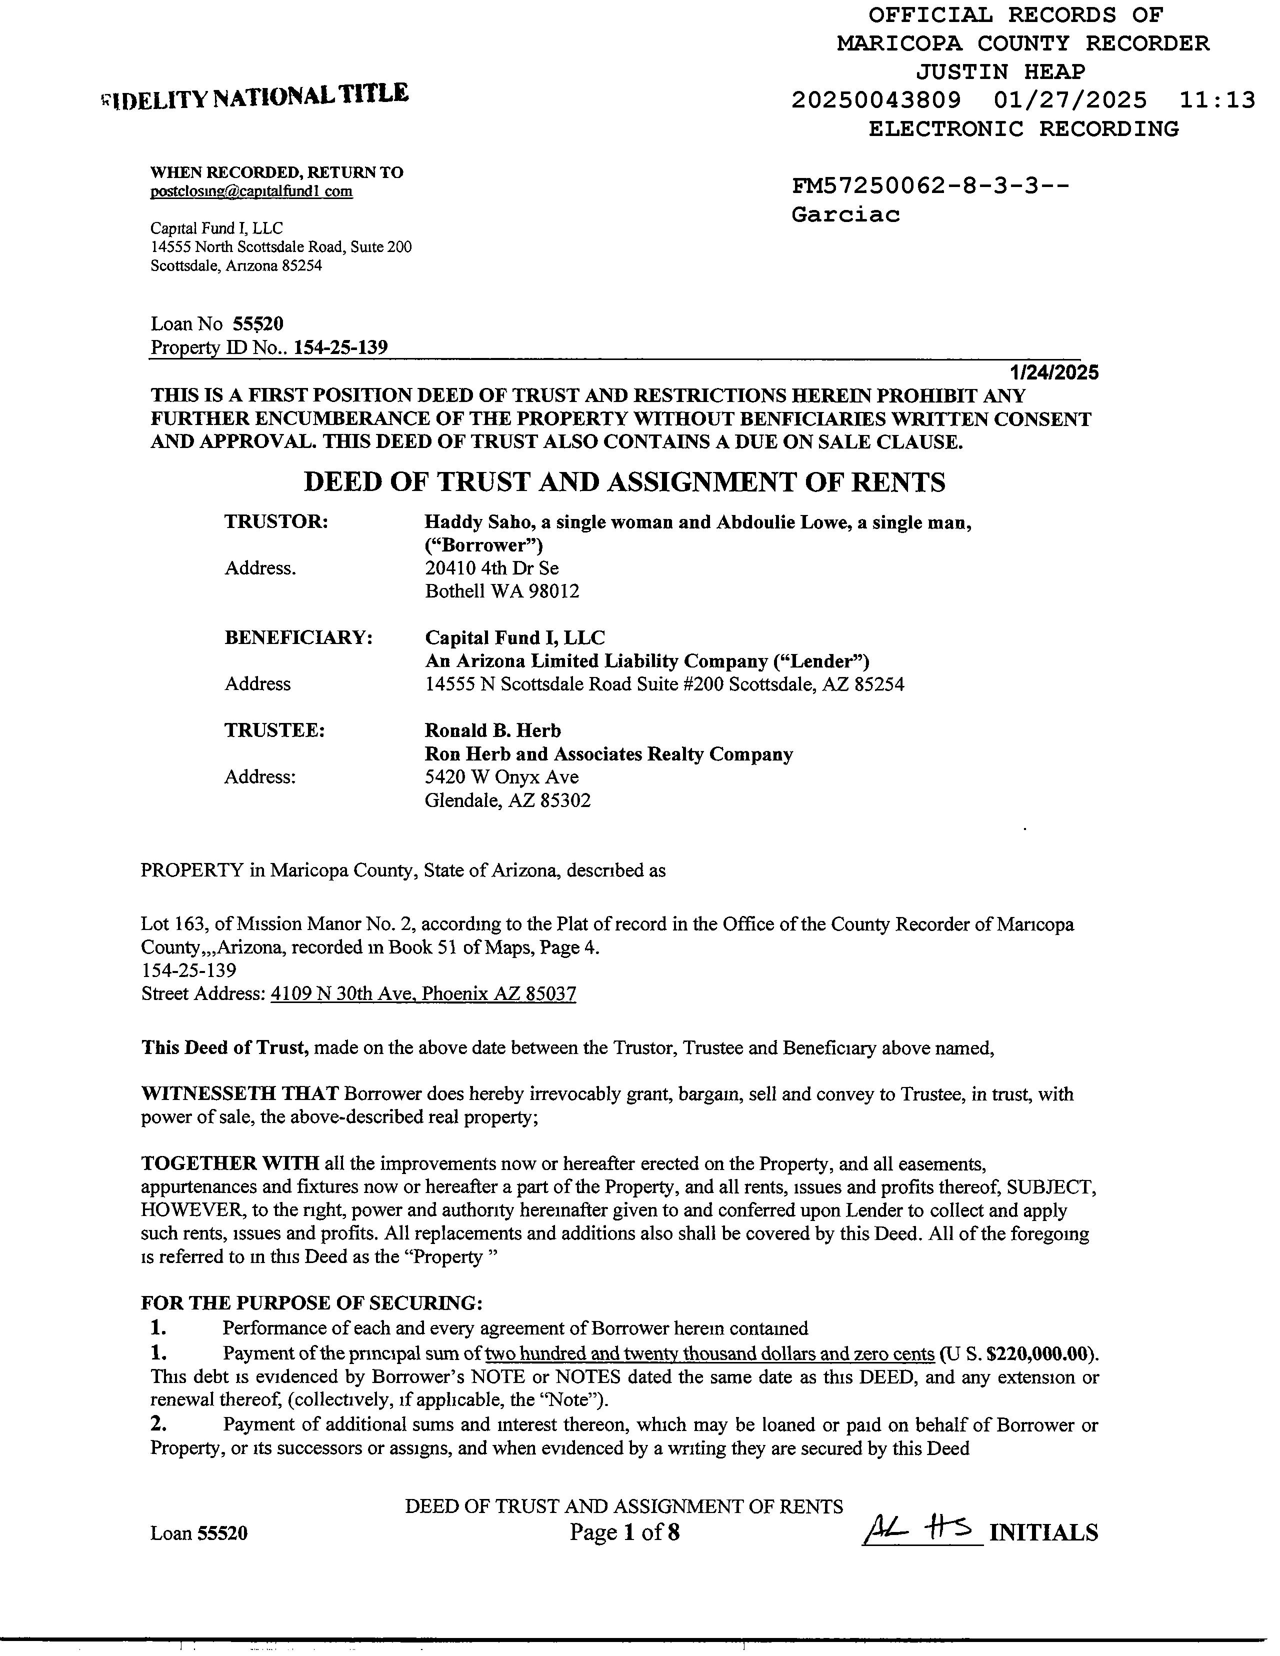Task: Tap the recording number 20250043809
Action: point(876,100)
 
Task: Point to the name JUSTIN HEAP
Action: point(1000,72)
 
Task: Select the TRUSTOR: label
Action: point(276,521)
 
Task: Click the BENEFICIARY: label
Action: point(298,637)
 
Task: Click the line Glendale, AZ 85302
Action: point(507,800)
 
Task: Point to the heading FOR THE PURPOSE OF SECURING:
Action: point(311,1303)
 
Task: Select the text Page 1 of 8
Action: point(624,1532)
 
